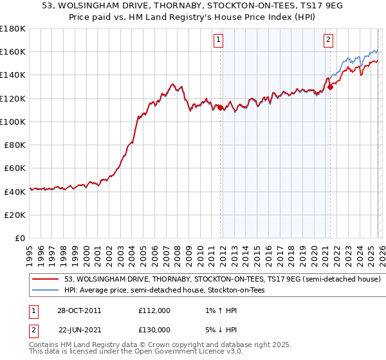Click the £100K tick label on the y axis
click(13, 122)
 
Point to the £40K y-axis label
click(15, 192)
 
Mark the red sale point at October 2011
click(220, 107)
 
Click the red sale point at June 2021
click(330, 87)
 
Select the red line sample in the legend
click(46, 280)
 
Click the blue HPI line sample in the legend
click(46, 291)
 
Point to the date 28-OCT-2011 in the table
click(79, 310)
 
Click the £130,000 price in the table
click(154, 329)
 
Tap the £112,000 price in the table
click(154, 310)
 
